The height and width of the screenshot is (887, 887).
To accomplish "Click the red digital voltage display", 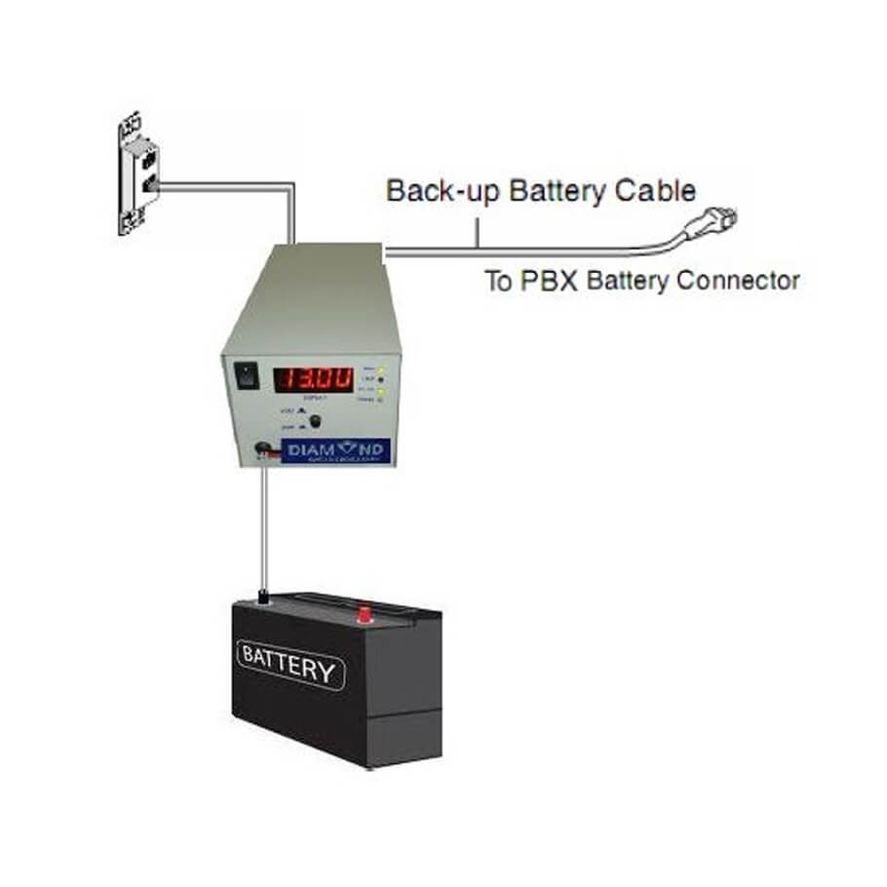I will click(x=312, y=377).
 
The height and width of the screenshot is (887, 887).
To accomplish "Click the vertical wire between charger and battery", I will click(x=263, y=526).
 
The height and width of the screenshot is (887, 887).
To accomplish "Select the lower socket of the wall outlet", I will click(x=148, y=185).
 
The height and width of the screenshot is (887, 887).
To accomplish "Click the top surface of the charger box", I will click(x=312, y=283).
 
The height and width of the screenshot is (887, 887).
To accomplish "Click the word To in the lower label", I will click(x=499, y=282).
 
